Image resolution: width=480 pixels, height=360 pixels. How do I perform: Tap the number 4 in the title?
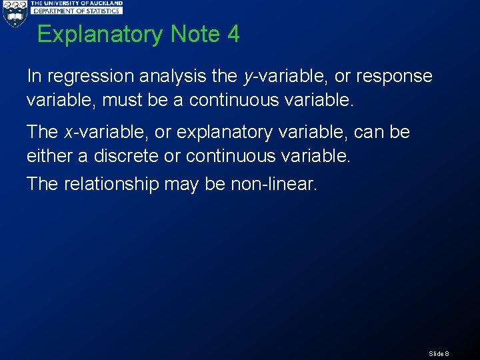(x=233, y=34)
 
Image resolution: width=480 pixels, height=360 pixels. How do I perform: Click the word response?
(x=394, y=77)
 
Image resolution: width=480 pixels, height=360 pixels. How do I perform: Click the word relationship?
(x=111, y=183)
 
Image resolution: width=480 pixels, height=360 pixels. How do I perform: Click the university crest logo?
(x=14, y=14)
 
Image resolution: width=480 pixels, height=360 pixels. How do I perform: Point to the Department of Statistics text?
(x=77, y=11)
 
